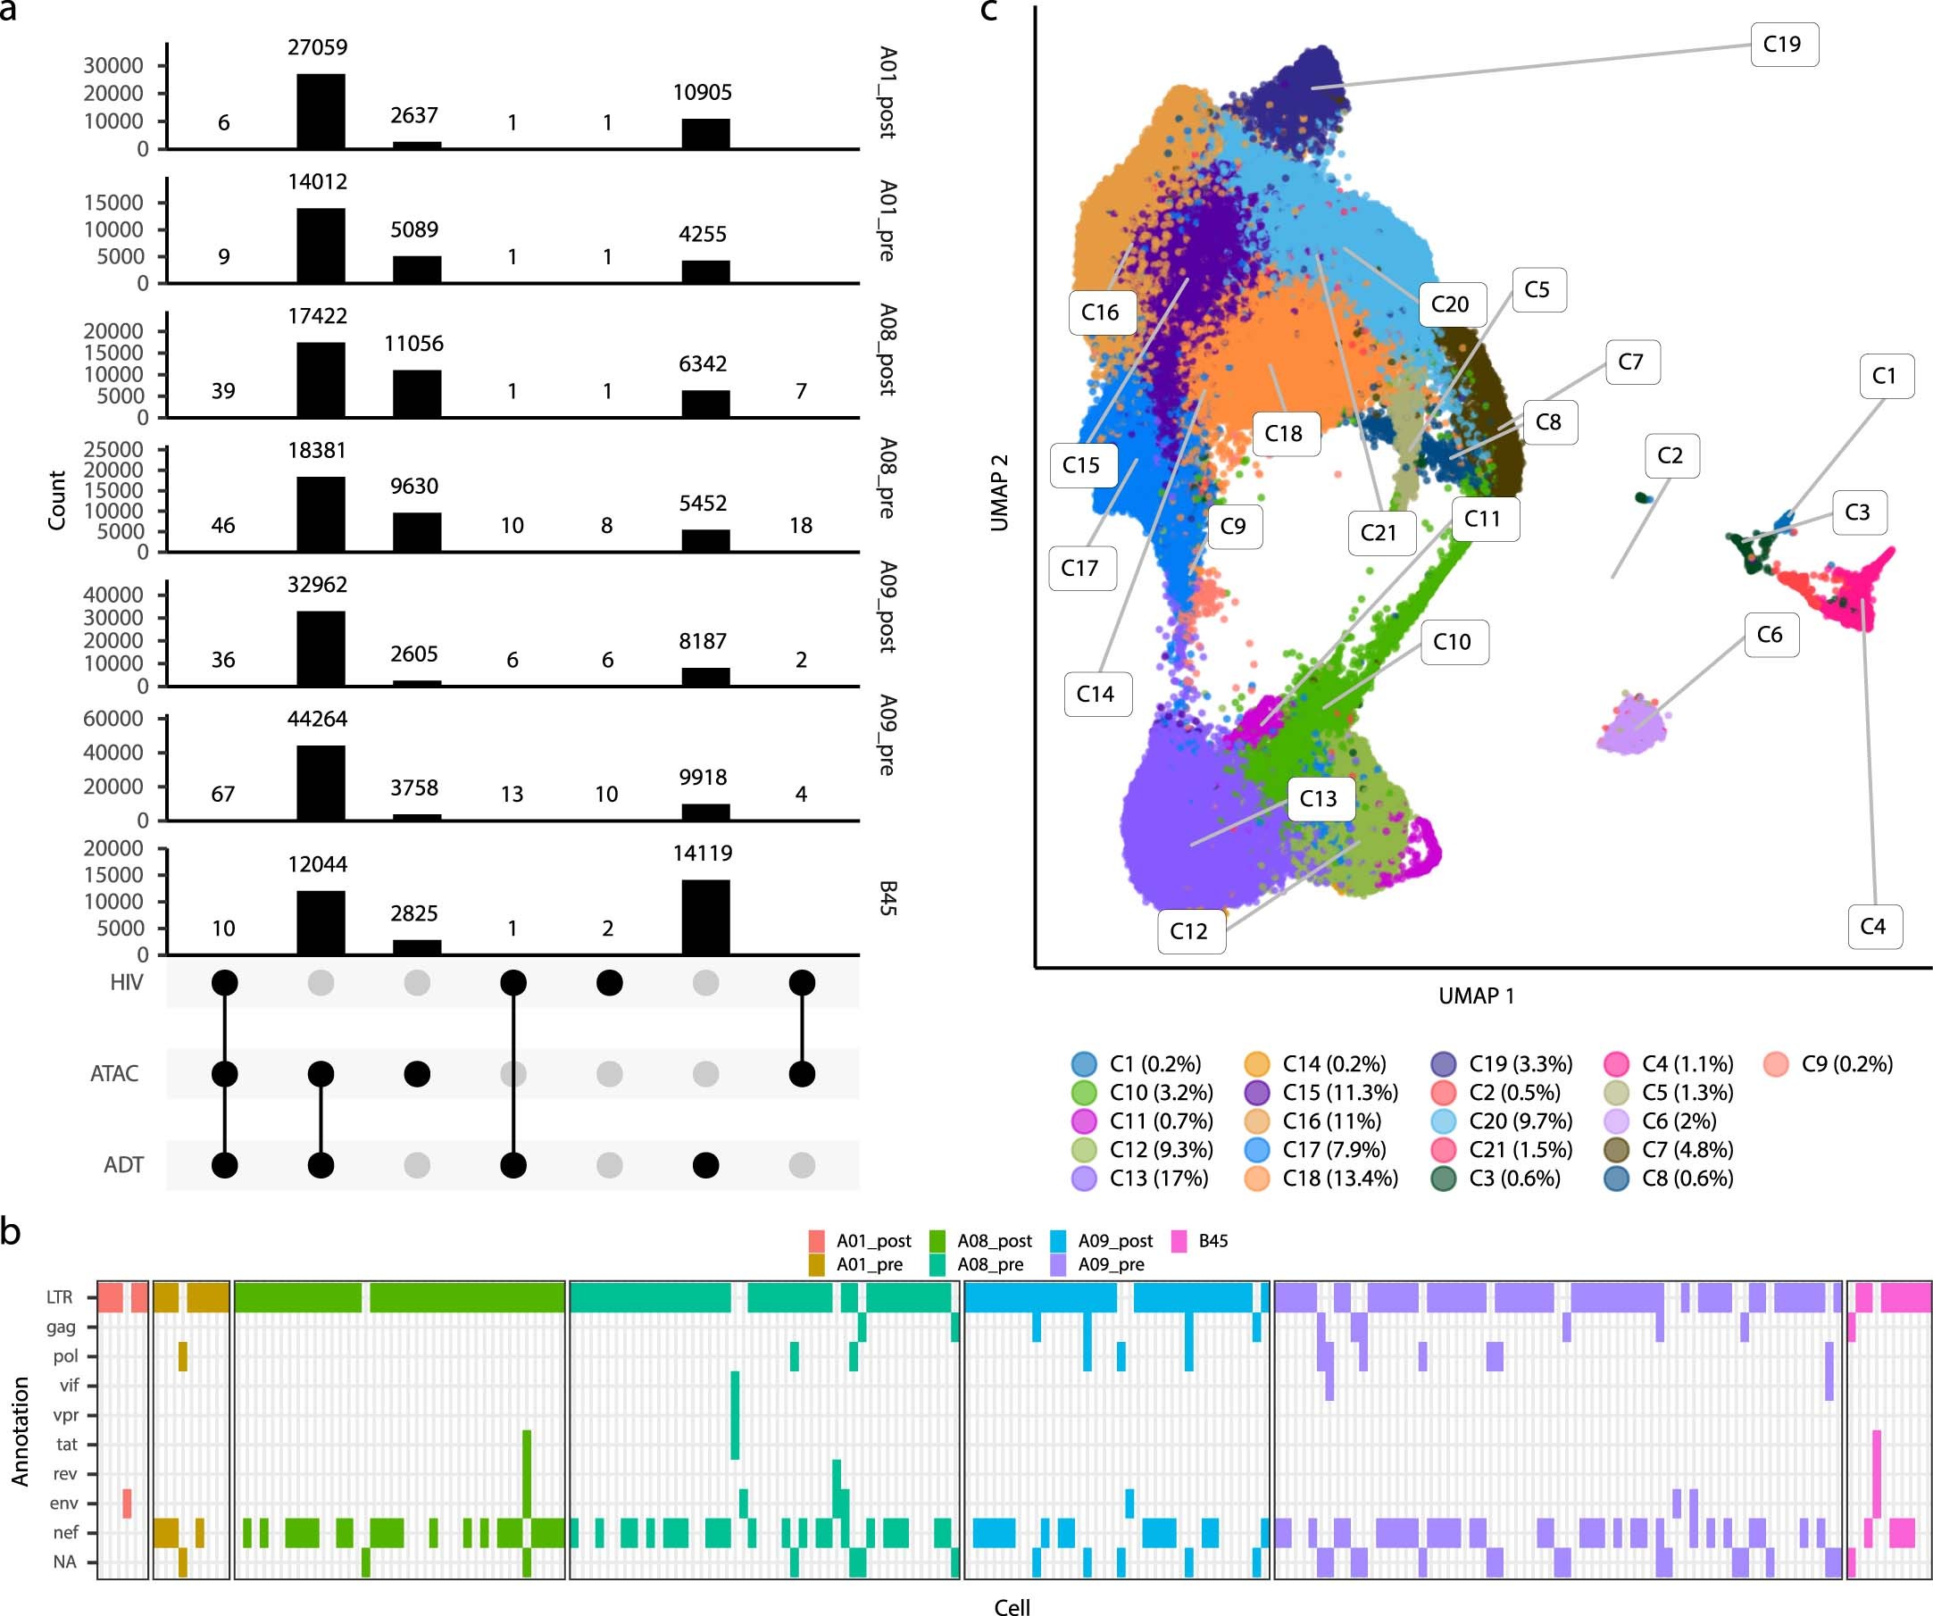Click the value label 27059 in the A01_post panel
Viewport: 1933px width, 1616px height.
[317, 47]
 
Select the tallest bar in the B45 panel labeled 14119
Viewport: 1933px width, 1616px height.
[705, 917]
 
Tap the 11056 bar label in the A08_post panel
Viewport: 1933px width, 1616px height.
[413, 343]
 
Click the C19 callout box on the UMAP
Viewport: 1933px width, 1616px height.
[1783, 44]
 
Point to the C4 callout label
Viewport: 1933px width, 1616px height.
[1872, 926]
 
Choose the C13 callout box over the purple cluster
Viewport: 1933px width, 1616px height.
[1317, 798]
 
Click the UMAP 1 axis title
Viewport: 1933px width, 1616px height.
[1476, 995]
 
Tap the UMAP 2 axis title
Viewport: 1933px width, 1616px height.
[1000, 492]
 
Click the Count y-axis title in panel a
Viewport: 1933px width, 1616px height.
[57, 500]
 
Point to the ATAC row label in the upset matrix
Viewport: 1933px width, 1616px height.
[114, 1073]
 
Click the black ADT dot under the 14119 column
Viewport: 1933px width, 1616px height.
[705, 1165]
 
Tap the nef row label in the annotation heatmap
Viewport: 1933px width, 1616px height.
[65, 1532]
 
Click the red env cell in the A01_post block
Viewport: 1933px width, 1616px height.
[127, 1503]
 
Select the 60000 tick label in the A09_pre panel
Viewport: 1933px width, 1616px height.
[113, 719]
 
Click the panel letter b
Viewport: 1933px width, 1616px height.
[10, 1231]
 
